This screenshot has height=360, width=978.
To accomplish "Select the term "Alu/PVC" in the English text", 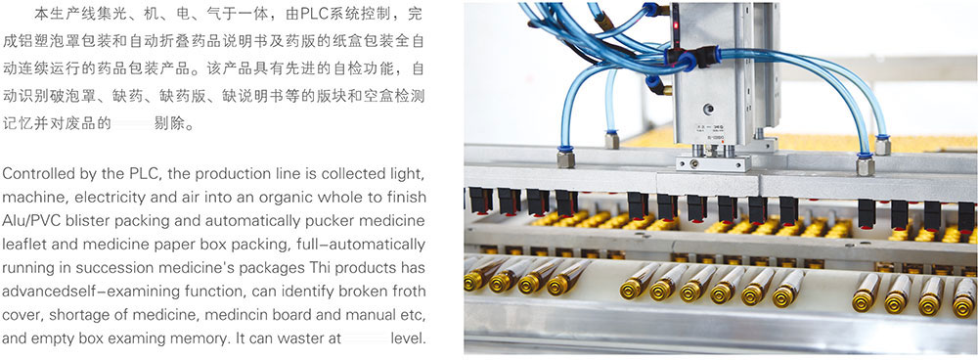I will pos(32,220).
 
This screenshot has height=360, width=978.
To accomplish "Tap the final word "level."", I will pos(409,338).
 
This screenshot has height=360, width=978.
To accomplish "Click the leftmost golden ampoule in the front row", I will pos(476,278).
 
